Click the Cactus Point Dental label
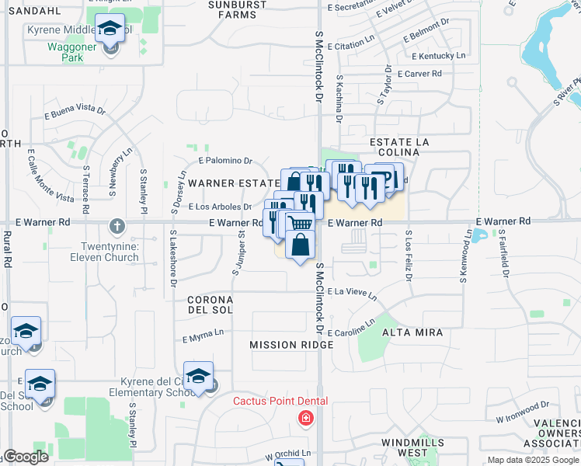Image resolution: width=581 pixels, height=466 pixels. point(281,401)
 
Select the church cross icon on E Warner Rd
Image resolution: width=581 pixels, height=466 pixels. point(117,226)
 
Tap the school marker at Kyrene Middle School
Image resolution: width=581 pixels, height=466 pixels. point(110,30)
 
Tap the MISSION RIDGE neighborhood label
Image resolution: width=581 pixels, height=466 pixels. point(280,344)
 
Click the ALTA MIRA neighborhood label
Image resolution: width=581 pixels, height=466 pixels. point(412,332)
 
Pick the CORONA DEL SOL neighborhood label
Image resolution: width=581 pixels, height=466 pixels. point(210,305)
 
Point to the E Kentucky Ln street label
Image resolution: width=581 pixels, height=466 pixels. point(439,56)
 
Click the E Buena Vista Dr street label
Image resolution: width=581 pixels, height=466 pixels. point(75,110)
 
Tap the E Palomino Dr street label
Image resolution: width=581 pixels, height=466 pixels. point(225,161)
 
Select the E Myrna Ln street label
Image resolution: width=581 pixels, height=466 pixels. point(203,337)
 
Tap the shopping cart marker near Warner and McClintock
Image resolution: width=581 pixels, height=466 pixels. point(301,224)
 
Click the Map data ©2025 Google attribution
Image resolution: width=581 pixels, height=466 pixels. point(532,460)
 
